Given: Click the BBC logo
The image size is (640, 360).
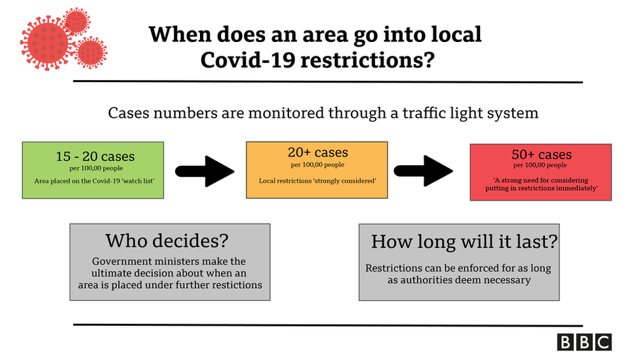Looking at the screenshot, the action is pyautogui.click(x=584, y=342).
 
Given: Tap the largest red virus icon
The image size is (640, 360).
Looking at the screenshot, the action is pyautogui.click(x=47, y=43).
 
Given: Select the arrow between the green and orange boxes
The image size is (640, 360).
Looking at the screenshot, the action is pyautogui.click(x=205, y=171).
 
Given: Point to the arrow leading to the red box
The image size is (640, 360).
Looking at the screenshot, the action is pyautogui.click(x=423, y=171).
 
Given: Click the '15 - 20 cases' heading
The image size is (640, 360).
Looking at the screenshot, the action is pyautogui.click(x=95, y=156).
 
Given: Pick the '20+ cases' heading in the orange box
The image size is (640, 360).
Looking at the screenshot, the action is pyautogui.click(x=318, y=152).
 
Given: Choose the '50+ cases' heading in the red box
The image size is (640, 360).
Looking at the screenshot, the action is pyautogui.click(x=542, y=155).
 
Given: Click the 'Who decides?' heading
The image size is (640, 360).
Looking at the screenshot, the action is pyautogui.click(x=167, y=241).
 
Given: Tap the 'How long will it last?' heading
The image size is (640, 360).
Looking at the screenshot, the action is pyautogui.click(x=464, y=241).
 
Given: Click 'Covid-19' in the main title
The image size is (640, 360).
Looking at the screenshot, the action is pyautogui.click(x=248, y=60).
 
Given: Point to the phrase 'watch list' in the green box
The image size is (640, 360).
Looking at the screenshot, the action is pyautogui.click(x=138, y=181).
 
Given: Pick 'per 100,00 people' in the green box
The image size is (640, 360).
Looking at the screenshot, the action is pyautogui.click(x=96, y=168).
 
